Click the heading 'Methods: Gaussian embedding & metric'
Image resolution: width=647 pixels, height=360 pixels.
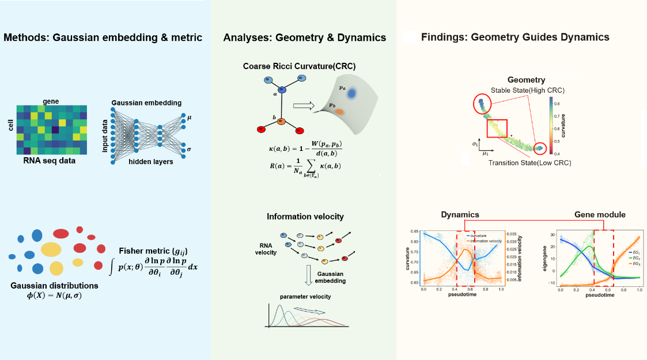(x=103, y=38)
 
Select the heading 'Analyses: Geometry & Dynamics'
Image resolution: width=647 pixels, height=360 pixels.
(x=304, y=38)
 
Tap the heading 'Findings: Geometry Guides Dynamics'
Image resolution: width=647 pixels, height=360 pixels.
(x=514, y=38)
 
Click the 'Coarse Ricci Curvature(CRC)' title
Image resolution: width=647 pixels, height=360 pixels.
(x=299, y=66)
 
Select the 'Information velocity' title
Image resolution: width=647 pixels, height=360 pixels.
(x=305, y=217)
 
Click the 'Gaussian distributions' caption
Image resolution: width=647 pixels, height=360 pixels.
(x=54, y=285)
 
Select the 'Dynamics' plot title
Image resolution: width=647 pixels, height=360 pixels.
(x=460, y=214)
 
